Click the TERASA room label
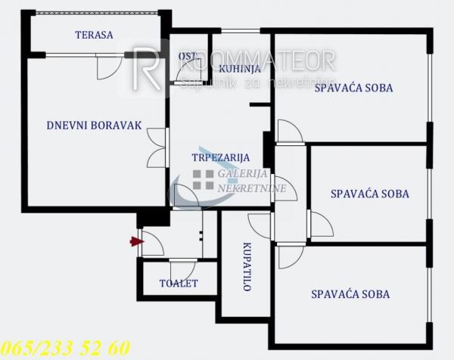point(94,35)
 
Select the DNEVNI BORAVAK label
point(94,126)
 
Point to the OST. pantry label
point(187,57)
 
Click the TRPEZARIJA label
point(220,157)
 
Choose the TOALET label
point(179,284)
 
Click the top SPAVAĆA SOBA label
point(353,88)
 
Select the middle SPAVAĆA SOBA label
point(370,194)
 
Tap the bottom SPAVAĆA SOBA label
point(350,294)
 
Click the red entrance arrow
point(136,242)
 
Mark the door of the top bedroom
point(289,132)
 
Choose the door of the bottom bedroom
point(289,256)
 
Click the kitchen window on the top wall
point(240,31)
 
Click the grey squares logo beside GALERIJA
point(203,179)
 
